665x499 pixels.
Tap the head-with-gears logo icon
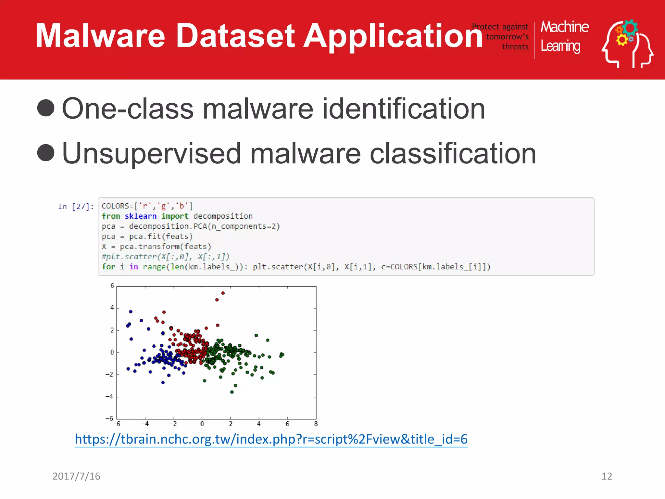[x=627, y=44]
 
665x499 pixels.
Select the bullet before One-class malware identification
[x=46, y=108]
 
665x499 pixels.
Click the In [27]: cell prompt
[x=76, y=207]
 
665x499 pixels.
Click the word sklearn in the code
[x=141, y=216]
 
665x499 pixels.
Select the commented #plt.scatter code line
[x=166, y=257]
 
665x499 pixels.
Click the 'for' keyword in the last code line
[x=108, y=267]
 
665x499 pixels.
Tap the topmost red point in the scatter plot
[x=223, y=293]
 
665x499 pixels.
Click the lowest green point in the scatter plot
[x=232, y=392]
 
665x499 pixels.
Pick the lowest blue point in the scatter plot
[x=163, y=382]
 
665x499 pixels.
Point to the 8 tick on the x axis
[x=316, y=424]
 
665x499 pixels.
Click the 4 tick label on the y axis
[x=112, y=307]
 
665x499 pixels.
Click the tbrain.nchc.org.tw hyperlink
[x=271, y=439]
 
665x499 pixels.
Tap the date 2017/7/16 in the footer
[x=76, y=476]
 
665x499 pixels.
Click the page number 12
[x=607, y=476]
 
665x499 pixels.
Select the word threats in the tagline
[x=515, y=47]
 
